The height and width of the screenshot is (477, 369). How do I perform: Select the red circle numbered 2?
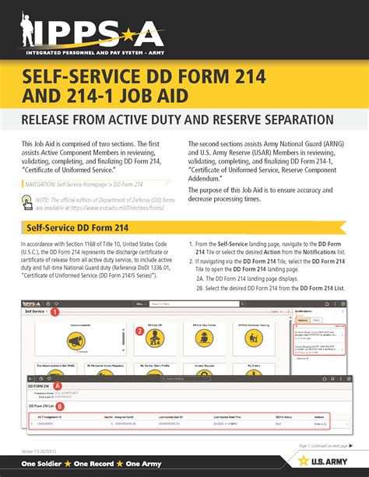click(139, 331)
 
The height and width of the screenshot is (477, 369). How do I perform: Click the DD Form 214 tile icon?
click(154, 340)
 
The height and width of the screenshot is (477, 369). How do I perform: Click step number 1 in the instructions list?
click(191, 244)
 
